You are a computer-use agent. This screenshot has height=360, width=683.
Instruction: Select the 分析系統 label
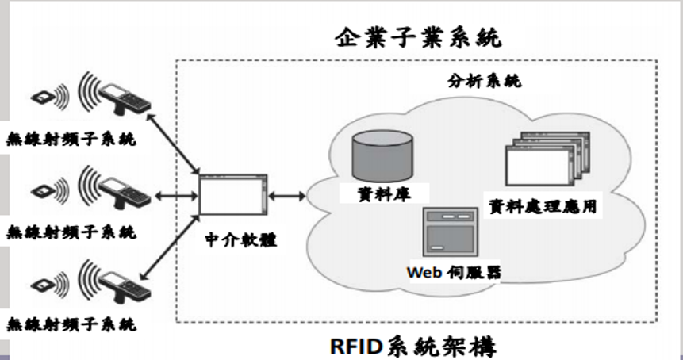(478, 82)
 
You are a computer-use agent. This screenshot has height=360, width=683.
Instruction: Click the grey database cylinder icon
(382, 153)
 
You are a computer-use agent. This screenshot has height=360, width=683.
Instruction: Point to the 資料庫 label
(384, 192)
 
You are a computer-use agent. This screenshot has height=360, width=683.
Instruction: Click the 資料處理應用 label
(543, 205)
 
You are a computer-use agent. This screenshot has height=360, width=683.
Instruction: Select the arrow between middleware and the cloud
(288, 196)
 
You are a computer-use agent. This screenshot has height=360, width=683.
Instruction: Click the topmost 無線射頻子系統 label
(71, 140)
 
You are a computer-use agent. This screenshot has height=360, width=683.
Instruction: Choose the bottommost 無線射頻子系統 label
(71, 324)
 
